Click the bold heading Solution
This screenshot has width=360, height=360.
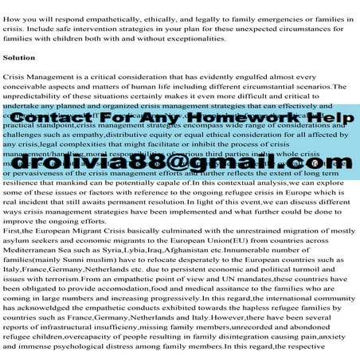tap(19, 58)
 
